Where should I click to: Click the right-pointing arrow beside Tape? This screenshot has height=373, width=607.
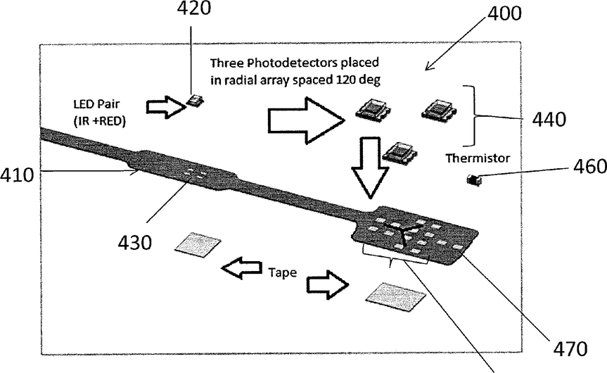(327, 283)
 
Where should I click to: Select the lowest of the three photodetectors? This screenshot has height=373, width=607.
(399, 151)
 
